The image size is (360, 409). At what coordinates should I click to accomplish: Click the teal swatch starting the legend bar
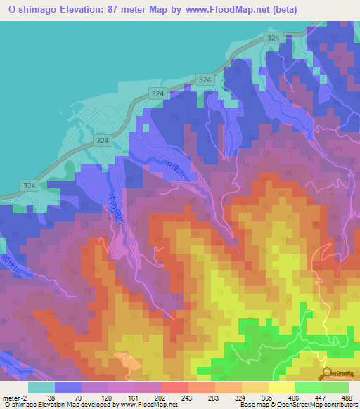41,387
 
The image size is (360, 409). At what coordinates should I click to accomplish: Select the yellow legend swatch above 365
255,387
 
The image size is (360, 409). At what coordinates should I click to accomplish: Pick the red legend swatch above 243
174,387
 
